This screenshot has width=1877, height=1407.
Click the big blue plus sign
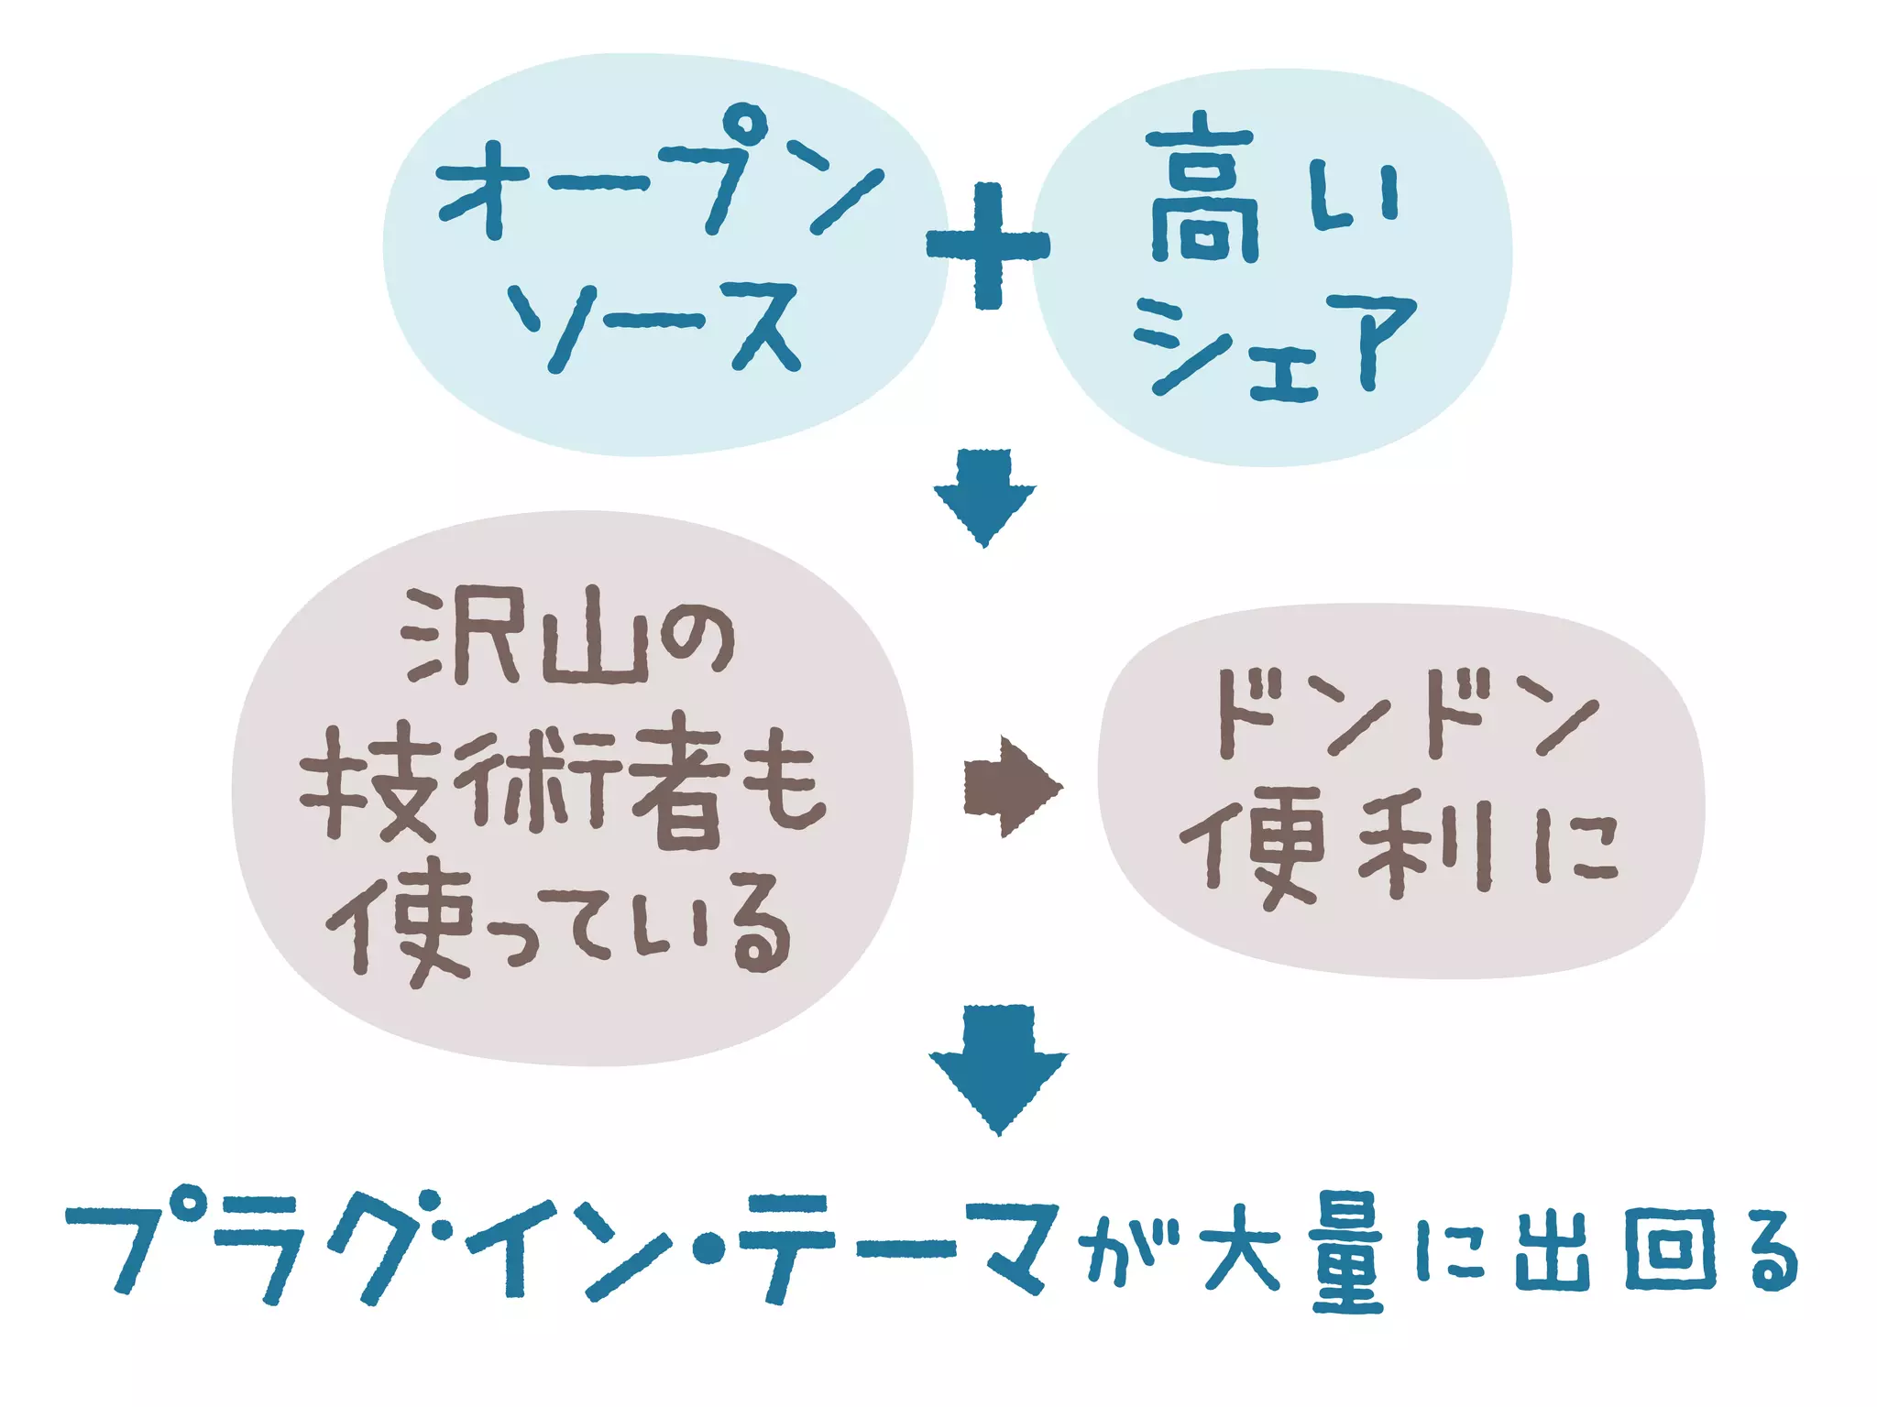pos(987,245)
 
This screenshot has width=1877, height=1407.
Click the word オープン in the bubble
pos(660,174)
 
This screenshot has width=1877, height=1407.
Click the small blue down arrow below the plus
pos(984,496)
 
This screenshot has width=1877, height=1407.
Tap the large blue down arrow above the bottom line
pos(998,1068)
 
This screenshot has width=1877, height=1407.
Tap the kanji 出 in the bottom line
pos(1553,1249)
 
